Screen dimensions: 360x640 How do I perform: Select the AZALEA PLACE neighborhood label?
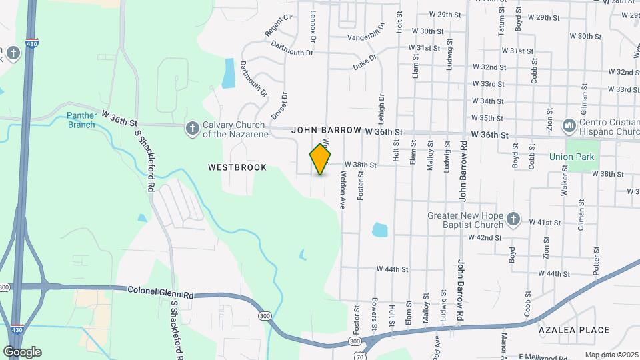coord(574,330)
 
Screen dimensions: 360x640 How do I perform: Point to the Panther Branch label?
coord(82,120)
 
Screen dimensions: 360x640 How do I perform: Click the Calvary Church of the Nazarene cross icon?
coord(192,127)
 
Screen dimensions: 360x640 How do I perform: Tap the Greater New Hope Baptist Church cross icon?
coord(513,219)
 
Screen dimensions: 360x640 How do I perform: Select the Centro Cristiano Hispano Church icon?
coord(569,125)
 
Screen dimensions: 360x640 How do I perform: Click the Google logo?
coord(22,351)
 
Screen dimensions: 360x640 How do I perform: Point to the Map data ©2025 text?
coord(611,355)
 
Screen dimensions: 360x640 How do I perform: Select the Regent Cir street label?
coord(279,26)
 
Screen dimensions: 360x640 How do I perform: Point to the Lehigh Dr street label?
coord(381,106)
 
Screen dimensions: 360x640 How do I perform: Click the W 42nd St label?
coord(485,237)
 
